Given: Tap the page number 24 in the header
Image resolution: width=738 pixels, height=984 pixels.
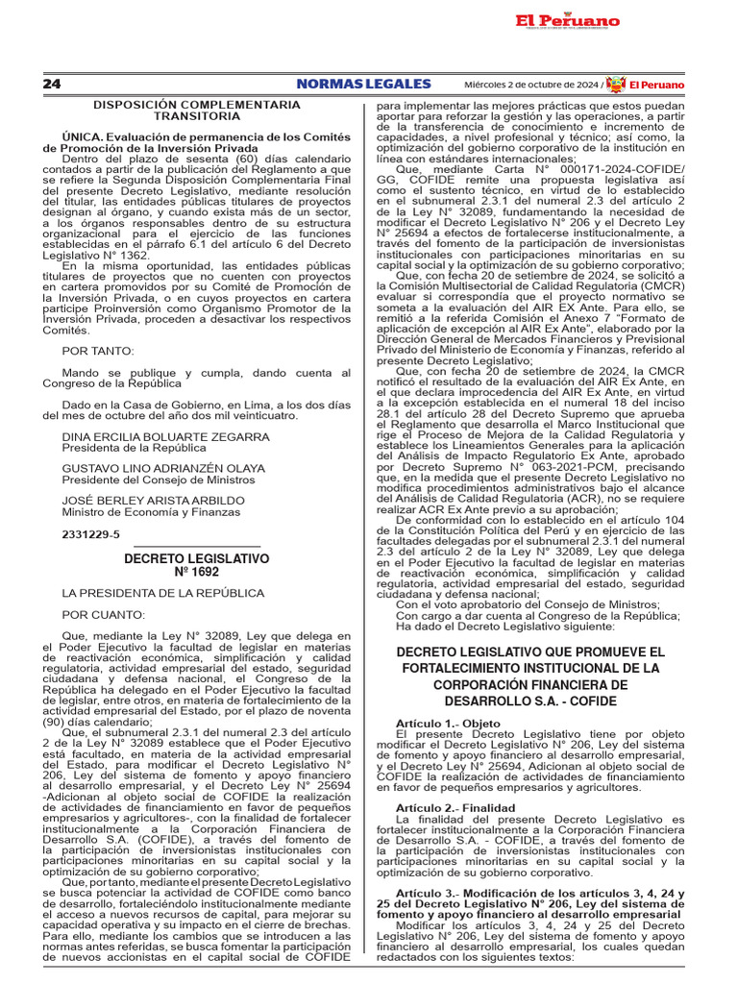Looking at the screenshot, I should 52,85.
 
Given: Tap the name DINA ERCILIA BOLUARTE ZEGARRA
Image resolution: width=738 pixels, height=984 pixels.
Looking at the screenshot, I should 165,436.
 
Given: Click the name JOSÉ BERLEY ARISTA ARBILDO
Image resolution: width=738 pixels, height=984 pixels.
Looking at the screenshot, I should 153,501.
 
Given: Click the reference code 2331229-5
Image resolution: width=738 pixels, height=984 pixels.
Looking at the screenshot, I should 91,533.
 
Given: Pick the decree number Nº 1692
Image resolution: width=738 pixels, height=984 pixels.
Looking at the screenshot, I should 195,572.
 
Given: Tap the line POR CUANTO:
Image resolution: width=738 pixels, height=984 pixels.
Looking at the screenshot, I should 104,614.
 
